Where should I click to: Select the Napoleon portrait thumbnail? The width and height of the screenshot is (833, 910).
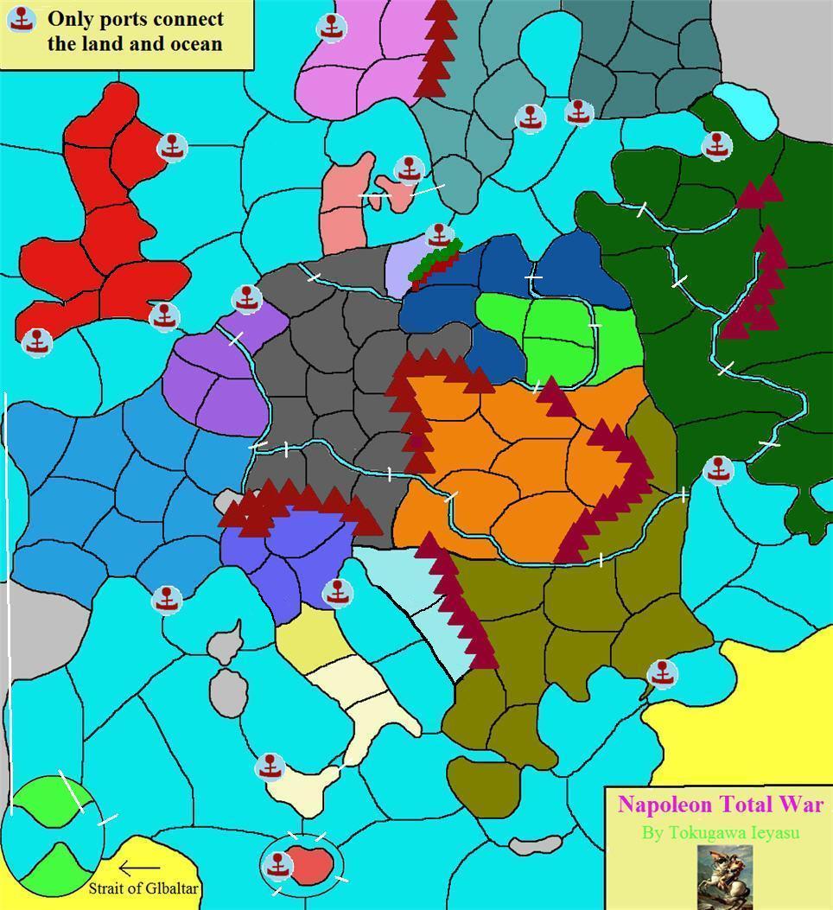click(x=724, y=876)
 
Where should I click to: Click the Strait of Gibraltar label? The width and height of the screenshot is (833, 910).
click(x=144, y=888)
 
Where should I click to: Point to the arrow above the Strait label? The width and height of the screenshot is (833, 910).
click(x=139, y=868)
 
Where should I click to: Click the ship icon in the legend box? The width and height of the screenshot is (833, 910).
click(x=22, y=19)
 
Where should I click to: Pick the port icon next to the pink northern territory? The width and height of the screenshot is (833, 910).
click(x=332, y=28)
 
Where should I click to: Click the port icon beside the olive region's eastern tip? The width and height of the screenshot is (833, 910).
click(x=663, y=673)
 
